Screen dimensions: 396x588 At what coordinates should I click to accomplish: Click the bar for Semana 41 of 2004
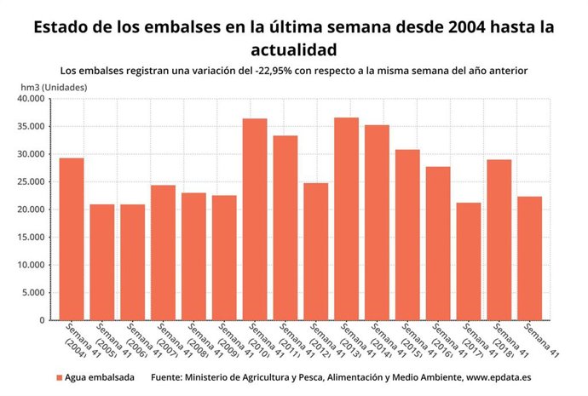click(x=71, y=239)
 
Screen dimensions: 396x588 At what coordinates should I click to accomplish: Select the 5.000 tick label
click(x=35, y=293)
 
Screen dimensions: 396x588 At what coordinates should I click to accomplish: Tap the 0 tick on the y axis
click(x=42, y=321)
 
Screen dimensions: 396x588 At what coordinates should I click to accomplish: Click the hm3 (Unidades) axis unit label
click(x=54, y=87)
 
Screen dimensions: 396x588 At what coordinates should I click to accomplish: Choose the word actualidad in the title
click(x=293, y=49)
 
